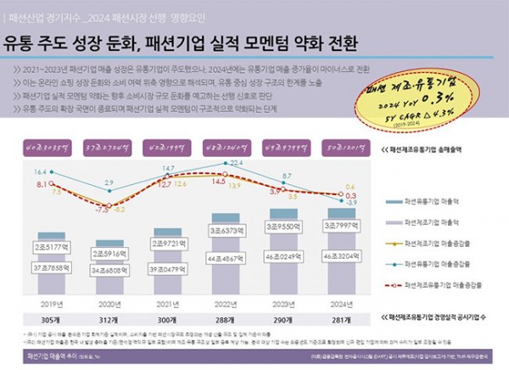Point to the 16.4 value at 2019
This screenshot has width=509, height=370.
coord(41,171)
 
